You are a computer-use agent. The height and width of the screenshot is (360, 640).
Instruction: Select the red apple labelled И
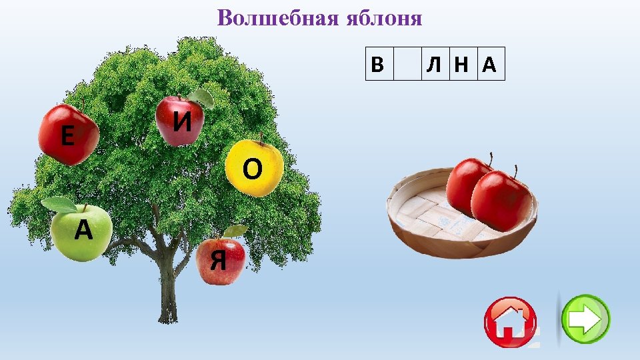(179, 121)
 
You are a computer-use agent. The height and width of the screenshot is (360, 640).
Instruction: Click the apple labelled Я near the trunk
(221, 261)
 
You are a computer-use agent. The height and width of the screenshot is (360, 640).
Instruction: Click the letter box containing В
(379, 64)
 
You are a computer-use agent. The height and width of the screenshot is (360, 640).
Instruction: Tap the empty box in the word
(407, 64)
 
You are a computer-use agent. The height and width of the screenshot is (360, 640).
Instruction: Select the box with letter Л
(435, 64)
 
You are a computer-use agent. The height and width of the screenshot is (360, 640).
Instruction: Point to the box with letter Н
(462, 64)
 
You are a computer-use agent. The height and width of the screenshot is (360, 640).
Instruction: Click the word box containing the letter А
(490, 64)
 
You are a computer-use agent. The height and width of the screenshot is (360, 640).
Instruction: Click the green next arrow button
(585, 319)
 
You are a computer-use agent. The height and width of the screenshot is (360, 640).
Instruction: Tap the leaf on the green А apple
(59, 204)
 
